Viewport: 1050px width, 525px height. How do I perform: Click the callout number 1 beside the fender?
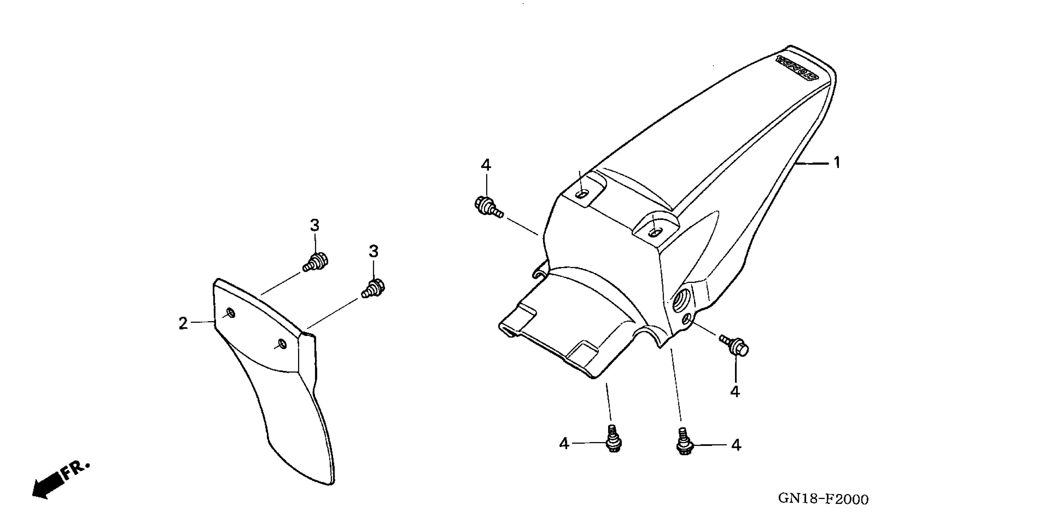click(x=837, y=163)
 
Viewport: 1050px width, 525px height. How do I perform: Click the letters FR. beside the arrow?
click(x=75, y=470)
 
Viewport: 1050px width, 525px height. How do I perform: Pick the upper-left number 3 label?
click(x=314, y=225)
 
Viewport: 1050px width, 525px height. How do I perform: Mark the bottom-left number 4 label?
click(x=564, y=444)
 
